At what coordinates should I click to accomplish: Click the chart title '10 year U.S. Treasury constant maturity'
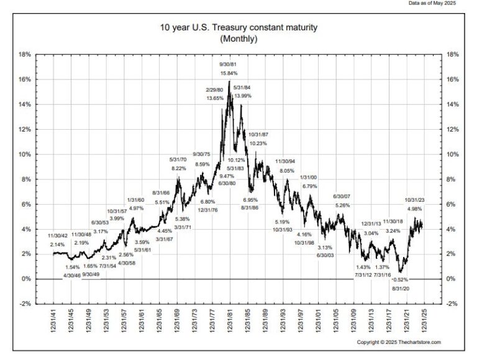238,28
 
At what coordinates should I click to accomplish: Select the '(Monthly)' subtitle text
238,38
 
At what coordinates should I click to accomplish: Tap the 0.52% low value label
401,279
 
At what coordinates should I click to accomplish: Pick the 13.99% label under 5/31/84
242,96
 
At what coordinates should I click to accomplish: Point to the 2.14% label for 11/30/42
57,245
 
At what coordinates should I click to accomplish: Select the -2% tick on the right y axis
453,304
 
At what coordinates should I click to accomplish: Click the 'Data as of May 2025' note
440,3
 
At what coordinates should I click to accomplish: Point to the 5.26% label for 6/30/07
343,205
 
